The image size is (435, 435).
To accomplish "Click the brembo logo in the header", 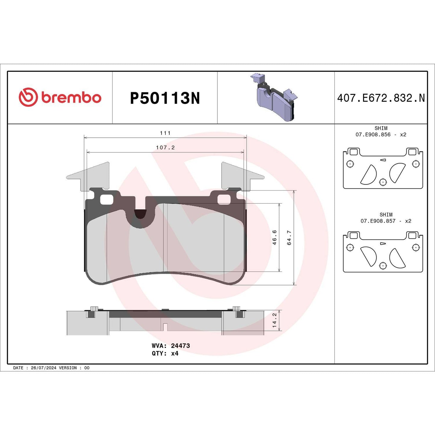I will tap(60, 98).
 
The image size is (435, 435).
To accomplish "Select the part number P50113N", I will tap(165, 98).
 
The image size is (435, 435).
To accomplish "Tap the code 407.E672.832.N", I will tap(381, 98).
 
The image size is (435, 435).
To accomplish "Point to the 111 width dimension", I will tap(165, 133).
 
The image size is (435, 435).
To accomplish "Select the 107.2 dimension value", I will tap(165, 148).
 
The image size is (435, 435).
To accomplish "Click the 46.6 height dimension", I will tap(275, 237).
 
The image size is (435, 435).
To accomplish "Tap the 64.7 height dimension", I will tap(289, 238).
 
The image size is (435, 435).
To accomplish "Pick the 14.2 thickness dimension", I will tap(274, 320).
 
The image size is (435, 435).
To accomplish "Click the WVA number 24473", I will tap(180, 346).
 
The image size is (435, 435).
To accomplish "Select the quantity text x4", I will tap(175, 353).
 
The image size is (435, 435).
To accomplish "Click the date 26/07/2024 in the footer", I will tap(43, 368).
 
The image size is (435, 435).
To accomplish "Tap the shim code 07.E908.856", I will tap(373, 135).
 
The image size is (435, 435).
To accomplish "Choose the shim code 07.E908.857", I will tap(378, 221).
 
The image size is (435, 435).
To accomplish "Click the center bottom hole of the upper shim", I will tap(383, 182).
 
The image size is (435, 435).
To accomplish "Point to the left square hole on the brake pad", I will tap(107, 199).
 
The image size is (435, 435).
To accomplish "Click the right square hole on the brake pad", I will tap(224, 199).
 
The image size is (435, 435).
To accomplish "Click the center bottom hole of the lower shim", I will tap(383, 266).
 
